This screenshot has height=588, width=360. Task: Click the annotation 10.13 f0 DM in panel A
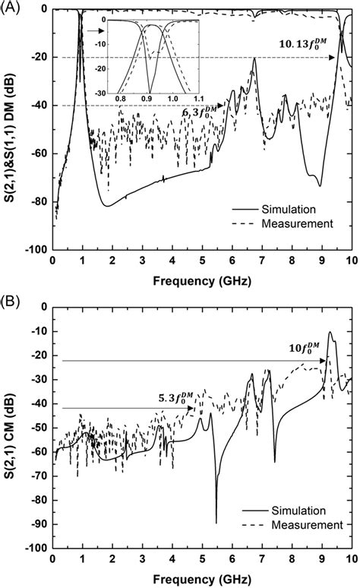(x=304, y=47)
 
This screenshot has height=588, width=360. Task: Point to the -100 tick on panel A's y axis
(x=35, y=249)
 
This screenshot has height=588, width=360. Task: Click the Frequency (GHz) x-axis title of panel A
(x=201, y=280)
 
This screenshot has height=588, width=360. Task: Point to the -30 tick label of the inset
(x=99, y=92)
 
